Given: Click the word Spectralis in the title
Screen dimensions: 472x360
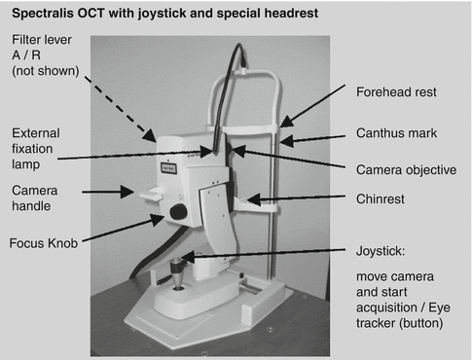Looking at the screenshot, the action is (43, 14).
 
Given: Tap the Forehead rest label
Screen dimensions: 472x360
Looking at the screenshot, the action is (396, 92).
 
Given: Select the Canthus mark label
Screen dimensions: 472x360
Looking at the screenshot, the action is (396, 133).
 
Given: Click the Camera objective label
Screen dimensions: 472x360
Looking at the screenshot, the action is (406, 170).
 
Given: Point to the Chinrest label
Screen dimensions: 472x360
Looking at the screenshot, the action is (381, 198).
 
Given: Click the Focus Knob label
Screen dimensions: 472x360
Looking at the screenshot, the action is (44, 243).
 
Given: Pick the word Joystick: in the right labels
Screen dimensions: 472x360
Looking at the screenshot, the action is (381, 251).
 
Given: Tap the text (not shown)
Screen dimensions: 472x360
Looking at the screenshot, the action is (46, 71).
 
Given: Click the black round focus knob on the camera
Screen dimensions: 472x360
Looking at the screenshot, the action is (178, 212).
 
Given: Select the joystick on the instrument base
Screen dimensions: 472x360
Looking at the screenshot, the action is (177, 272).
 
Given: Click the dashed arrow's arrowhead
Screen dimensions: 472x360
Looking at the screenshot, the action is (150, 135).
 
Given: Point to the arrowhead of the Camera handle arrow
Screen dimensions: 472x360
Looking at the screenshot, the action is (127, 192).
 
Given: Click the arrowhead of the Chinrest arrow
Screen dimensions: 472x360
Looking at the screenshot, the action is (253, 199).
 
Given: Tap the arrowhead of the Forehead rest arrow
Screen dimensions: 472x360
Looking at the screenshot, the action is (286, 122).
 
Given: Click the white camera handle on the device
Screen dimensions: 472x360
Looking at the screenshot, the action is (151, 196).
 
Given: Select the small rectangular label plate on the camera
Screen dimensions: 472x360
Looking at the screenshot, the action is (168, 168).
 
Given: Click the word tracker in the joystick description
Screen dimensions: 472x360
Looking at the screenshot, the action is (376, 323).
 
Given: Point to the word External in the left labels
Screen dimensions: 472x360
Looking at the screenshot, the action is (36, 133).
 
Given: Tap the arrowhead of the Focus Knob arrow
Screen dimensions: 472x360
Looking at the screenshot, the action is (158, 220).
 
